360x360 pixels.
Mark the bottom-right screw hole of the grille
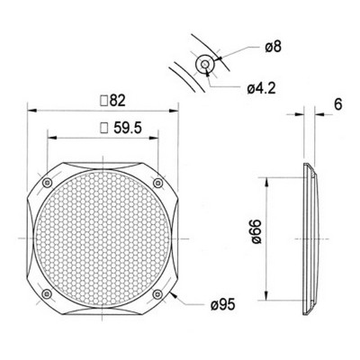(x=159, y=292)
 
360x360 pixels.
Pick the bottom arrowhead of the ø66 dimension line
(x=269, y=297)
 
